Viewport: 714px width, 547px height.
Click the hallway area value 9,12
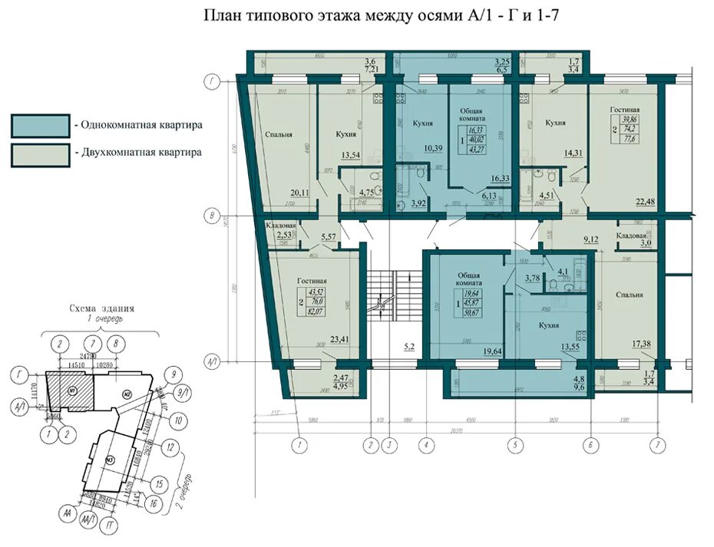tap(590, 239)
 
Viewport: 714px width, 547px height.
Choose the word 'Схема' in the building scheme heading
tap(84, 308)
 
